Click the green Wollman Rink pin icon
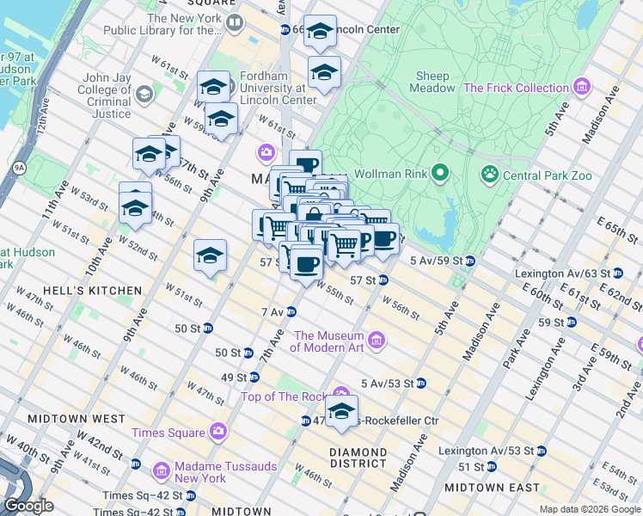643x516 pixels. pyautogui.click(x=440, y=175)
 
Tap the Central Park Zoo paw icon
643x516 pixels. pyautogui.click(x=490, y=175)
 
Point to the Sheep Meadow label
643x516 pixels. pyautogui.click(x=434, y=82)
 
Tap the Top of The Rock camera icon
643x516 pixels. pyautogui.click(x=341, y=396)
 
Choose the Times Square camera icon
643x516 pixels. pyautogui.click(x=218, y=433)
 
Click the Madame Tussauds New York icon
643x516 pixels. pyautogui.click(x=161, y=471)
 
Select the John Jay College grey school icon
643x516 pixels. pyautogui.click(x=144, y=93)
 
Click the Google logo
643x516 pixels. pyautogui.click(x=28, y=505)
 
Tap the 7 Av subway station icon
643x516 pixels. pyautogui.click(x=291, y=311)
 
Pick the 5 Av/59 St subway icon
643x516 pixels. pyautogui.click(x=470, y=260)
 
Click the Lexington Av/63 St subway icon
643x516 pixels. pyautogui.click(x=617, y=273)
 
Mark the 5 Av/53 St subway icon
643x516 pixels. pyautogui.click(x=421, y=383)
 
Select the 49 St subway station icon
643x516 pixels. pyautogui.click(x=254, y=377)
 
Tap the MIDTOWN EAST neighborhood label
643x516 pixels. pyautogui.click(x=487, y=488)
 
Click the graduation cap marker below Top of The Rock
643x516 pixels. pyautogui.click(x=341, y=414)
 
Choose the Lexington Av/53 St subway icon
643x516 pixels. pyautogui.click(x=542, y=451)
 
